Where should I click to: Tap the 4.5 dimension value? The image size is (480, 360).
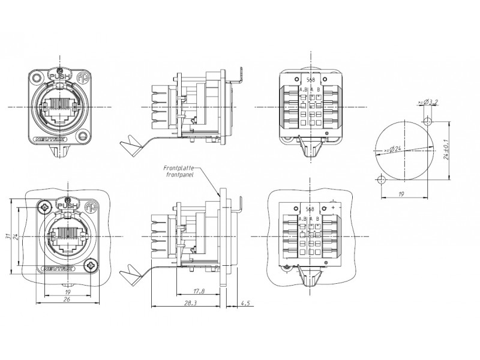(x=245, y=304)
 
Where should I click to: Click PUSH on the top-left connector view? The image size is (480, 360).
(x=59, y=76)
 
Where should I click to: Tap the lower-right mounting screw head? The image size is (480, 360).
(x=91, y=266)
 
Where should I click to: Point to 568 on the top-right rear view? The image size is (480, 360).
(x=310, y=80)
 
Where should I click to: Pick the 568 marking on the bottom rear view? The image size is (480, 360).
(x=310, y=209)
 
